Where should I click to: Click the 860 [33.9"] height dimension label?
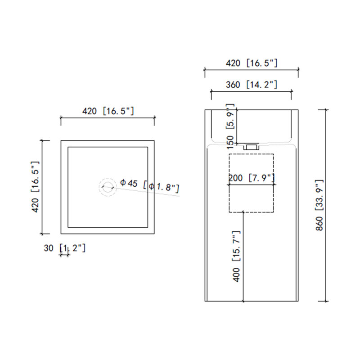coord(319,205)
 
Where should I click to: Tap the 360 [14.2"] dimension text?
coord(252,85)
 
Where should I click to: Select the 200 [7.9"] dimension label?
coord(252,178)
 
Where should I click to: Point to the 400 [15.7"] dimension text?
coord(236,256)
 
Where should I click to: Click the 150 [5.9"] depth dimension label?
coord(230,126)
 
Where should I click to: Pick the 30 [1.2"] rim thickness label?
coord(64,248)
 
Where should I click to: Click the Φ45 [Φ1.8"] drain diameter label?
coord(150,186)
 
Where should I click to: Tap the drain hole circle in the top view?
coord(108,187)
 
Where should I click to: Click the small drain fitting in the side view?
coord(251,147)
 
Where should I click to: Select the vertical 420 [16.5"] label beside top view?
coord(36,187)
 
